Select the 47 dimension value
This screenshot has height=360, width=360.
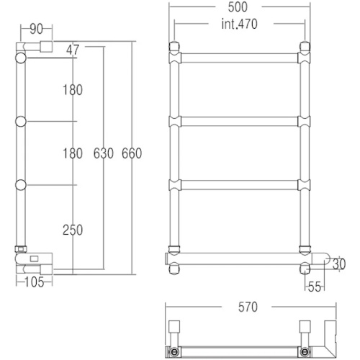(x=72, y=51)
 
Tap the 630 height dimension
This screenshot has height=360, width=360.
(x=104, y=153)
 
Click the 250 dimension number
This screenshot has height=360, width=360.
(x=72, y=230)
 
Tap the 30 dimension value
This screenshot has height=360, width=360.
(x=339, y=262)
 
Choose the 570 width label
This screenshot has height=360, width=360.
(x=247, y=306)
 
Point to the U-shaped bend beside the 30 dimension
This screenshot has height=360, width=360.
(x=327, y=262)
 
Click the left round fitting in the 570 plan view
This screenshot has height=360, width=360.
(x=175, y=351)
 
